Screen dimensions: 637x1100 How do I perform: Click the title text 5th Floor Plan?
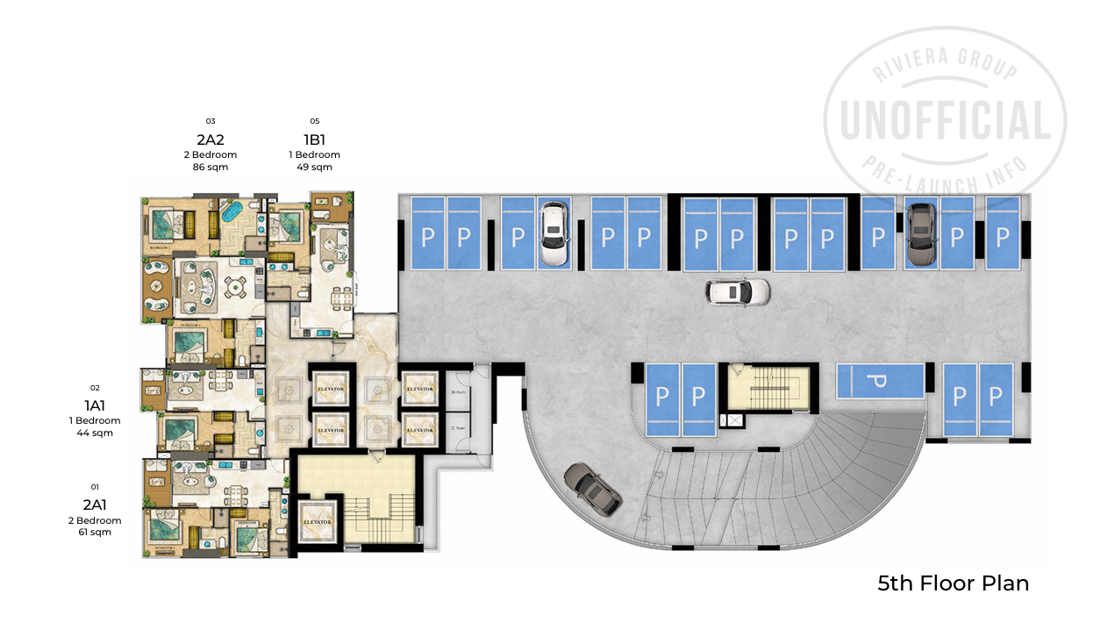[x=953, y=583]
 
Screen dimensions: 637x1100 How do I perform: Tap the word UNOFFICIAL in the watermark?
[x=946, y=121]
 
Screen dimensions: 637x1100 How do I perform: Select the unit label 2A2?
[x=211, y=139]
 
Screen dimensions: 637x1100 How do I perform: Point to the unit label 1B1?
[x=315, y=139]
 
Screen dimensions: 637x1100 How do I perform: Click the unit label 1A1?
[x=96, y=405]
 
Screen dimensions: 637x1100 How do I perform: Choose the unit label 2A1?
[x=96, y=505]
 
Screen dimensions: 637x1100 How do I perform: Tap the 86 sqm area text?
[x=211, y=167]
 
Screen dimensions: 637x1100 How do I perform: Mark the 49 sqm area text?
[x=315, y=167]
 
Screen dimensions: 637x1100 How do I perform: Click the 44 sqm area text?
[x=96, y=433]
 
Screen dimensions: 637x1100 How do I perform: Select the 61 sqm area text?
[x=96, y=533]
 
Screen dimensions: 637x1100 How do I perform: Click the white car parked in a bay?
[x=553, y=233]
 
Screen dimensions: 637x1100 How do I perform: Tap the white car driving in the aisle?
[x=738, y=292]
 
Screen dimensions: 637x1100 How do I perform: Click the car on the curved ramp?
[x=594, y=488]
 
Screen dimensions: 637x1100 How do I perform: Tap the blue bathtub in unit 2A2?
[x=231, y=212]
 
